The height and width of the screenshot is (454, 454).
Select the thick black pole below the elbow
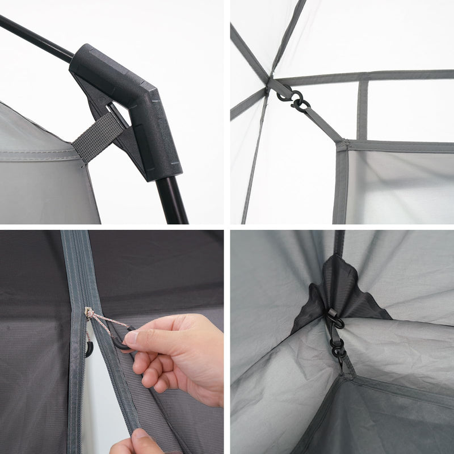coord(173,199)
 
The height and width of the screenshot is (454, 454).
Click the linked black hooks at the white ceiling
coord(292,98)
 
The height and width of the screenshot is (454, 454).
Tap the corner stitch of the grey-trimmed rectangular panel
coord(342,144)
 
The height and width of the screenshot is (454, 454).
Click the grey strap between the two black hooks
coord(337,338)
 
